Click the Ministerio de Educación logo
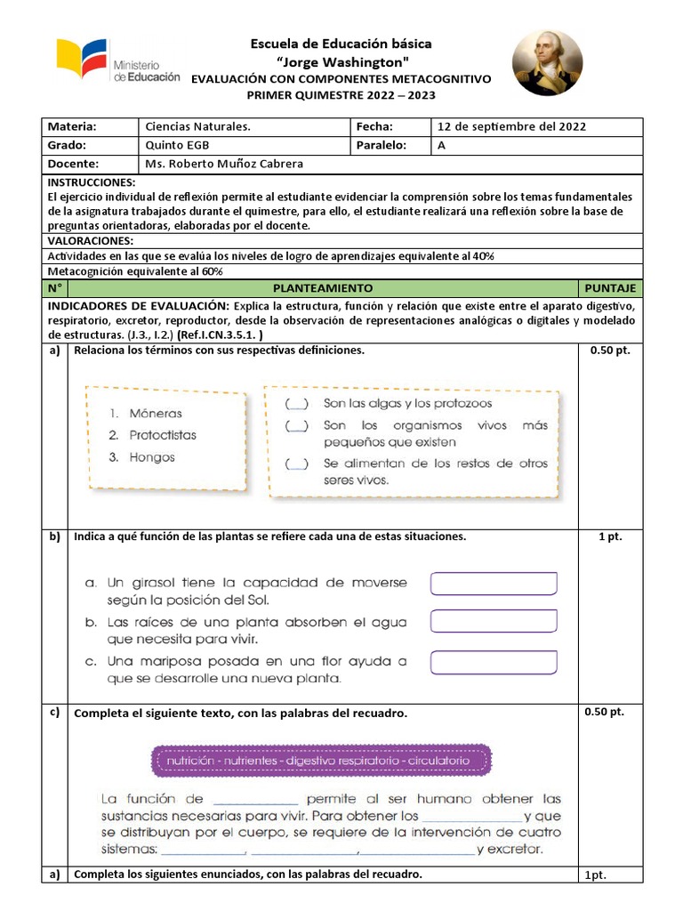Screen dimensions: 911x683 pos(118,61)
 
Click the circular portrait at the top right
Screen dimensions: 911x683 pos(547,63)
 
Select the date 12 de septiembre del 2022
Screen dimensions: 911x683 pos(511,126)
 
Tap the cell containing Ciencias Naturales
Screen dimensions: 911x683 pos(197,126)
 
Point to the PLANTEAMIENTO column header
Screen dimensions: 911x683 pos(322,288)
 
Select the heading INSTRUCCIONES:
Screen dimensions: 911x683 pos(89,181)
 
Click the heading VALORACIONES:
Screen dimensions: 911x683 pos(90,240)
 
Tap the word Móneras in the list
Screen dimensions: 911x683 pos(155,413)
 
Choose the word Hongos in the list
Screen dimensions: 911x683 pos(152,457)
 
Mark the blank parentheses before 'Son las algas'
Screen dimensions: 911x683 pos(297,403)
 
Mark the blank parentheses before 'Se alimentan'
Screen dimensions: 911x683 pos(297,464)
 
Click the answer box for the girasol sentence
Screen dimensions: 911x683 pos(494,584)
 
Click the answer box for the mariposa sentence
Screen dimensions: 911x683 pos(494,663)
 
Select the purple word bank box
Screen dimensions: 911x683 pos(322,761)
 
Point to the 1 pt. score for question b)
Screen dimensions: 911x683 pos(610,537)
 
